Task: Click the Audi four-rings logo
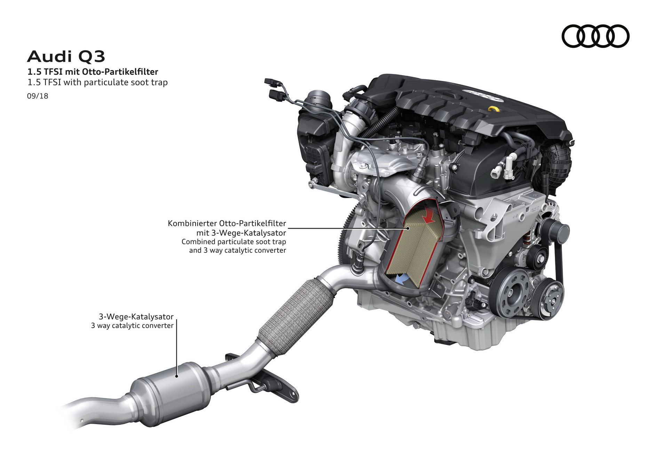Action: pos(595,36)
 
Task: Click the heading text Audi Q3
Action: pos(66,57)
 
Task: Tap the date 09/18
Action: pos(38,96)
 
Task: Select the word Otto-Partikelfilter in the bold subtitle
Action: pos(120,72)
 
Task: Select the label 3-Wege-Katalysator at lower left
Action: pos(136,317)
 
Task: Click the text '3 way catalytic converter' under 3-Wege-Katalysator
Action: pos(132,326)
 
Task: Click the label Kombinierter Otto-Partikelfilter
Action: pos(227,223)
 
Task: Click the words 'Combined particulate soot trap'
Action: pos(234,242)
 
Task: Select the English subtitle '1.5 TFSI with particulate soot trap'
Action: pos(97,82)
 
